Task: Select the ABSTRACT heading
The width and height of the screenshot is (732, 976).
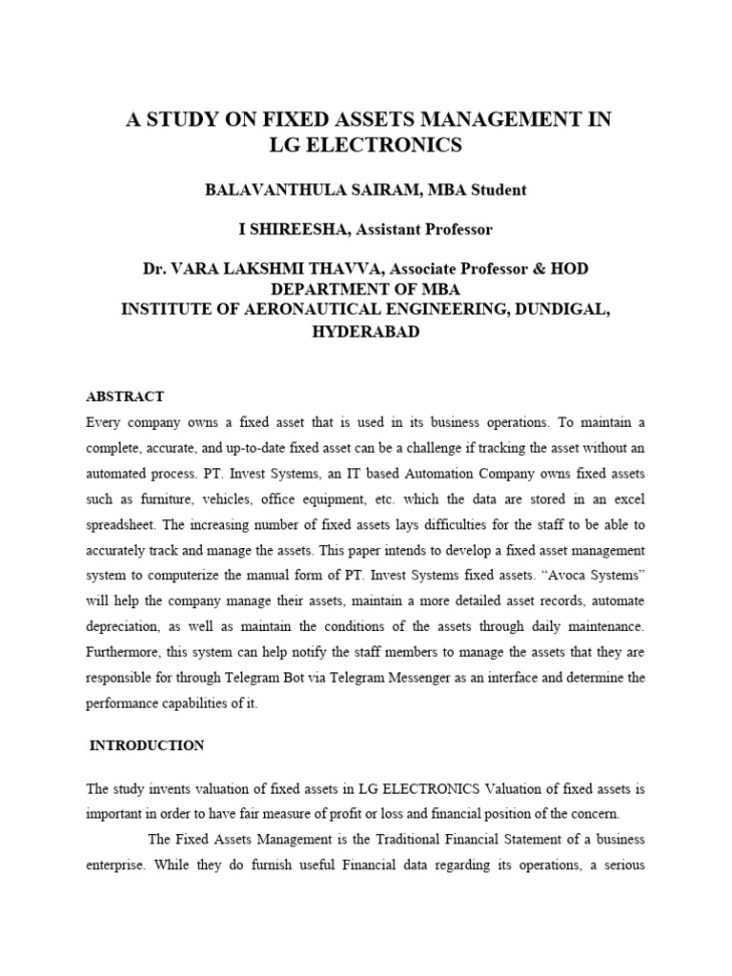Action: pyautogui.click(x=125, y=396)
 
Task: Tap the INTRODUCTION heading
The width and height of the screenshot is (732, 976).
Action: pyautogui.click(x=146, y=745)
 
